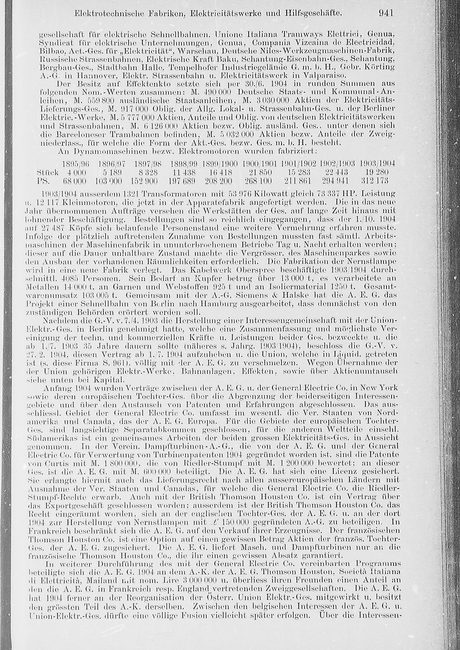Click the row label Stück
(48, 172)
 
